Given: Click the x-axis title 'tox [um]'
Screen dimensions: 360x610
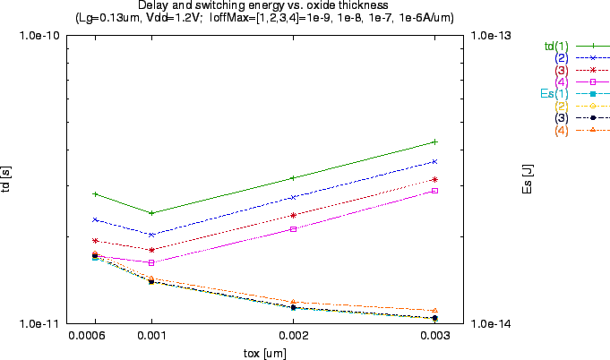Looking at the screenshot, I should (265, 353).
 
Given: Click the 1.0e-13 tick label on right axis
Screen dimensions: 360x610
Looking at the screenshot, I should (491, 36).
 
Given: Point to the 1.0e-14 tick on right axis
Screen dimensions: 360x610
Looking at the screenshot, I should (491, 323).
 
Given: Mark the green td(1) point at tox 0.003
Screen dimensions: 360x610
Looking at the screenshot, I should (434, 141).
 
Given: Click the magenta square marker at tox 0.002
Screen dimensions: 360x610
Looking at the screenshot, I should (293, 229).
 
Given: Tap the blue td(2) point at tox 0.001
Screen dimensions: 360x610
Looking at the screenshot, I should (151, 235).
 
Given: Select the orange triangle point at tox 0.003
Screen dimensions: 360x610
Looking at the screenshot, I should (434, 311).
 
